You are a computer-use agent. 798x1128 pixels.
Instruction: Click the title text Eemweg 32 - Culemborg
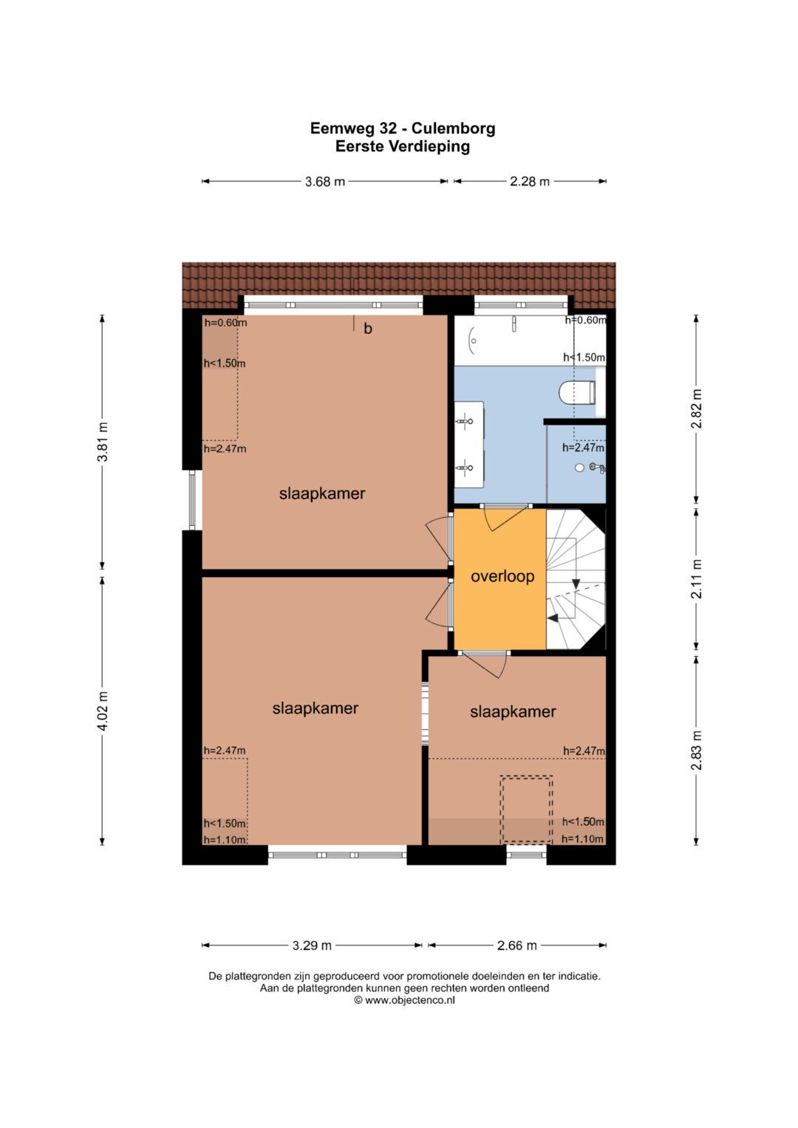tap(403, 129)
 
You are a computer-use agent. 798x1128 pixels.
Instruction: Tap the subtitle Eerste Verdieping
tap(403, 146)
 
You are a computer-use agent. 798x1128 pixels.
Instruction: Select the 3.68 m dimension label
tap(325, 181)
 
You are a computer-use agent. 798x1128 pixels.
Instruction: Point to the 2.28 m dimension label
tap(530, 181)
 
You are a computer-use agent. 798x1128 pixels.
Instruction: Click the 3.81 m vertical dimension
tap(103, 442)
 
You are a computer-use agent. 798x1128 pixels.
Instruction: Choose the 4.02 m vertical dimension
tap(103, 711)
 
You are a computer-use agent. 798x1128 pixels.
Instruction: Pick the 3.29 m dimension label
tap(312, 946)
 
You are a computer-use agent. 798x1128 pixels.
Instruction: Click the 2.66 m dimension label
tap(517, 946)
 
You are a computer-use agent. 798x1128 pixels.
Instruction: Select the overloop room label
tap(502, 577)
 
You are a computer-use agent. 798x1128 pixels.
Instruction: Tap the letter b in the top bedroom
tap(368, 329)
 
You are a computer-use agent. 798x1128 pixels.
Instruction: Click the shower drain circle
tap(580, 468)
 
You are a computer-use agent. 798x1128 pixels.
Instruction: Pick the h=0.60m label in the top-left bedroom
tap(225, 323)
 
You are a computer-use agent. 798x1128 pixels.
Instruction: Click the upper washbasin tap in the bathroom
tap(465, 421)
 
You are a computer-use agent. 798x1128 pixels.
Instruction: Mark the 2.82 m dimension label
tap(697, 409)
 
